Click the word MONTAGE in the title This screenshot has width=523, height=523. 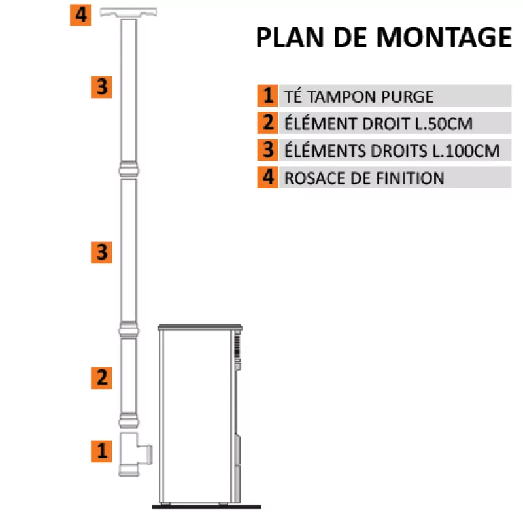(444, 37)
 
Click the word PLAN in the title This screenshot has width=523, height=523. (290, 37)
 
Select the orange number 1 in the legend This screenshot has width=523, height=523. (267, 95)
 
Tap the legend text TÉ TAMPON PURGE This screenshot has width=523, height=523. (358, 97)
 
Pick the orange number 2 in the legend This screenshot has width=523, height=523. (267, 123)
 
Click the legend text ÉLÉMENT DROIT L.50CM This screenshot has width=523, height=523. (379, 124)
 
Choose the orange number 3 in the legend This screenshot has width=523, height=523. (267, 150)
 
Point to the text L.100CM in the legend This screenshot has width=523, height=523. (465, 151)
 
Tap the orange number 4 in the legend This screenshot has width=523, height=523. (267, 177)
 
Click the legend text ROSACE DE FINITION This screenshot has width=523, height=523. (364, 178)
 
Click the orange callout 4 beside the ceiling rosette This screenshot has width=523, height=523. (80, 15)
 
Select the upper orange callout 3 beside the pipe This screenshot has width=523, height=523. (101, 87)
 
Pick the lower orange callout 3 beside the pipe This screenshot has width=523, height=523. (101, 252)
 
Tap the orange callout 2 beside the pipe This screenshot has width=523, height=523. (101, 378)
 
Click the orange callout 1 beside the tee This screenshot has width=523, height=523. (101, 451)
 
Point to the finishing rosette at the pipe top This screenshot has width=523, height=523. (128, 12)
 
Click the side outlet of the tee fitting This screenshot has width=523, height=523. (146, 454)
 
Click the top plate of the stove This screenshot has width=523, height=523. (200, 328)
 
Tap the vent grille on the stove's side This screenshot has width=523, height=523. (237, 347)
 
